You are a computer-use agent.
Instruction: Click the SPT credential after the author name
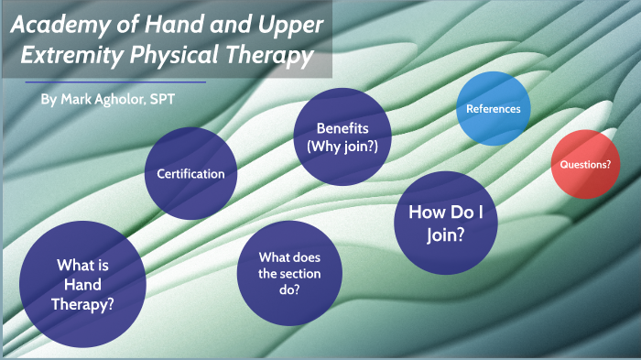[x=161, y=98]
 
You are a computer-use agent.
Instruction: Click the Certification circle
[x=191, y=173]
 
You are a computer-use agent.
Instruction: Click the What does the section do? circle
[x=288, y=274]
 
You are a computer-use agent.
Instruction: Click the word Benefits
[x=342, y=127]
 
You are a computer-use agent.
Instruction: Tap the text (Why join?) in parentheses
[x=342, y=146]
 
